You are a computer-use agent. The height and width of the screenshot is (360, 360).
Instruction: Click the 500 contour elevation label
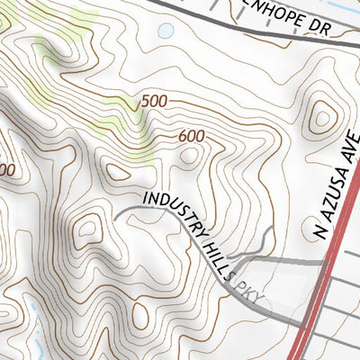point(154,102)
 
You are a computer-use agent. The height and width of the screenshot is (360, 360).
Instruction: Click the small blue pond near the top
point(165,31)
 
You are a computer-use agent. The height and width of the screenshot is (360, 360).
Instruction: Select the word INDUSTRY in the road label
point(171,212)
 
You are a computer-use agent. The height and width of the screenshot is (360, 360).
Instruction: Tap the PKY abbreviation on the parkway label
point(247,289)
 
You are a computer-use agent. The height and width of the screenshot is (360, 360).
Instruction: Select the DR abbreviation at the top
point(343,29)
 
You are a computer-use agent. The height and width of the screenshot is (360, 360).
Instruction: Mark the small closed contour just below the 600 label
point(188,157)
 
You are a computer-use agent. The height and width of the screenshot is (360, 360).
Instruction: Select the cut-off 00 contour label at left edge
point(5,169)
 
